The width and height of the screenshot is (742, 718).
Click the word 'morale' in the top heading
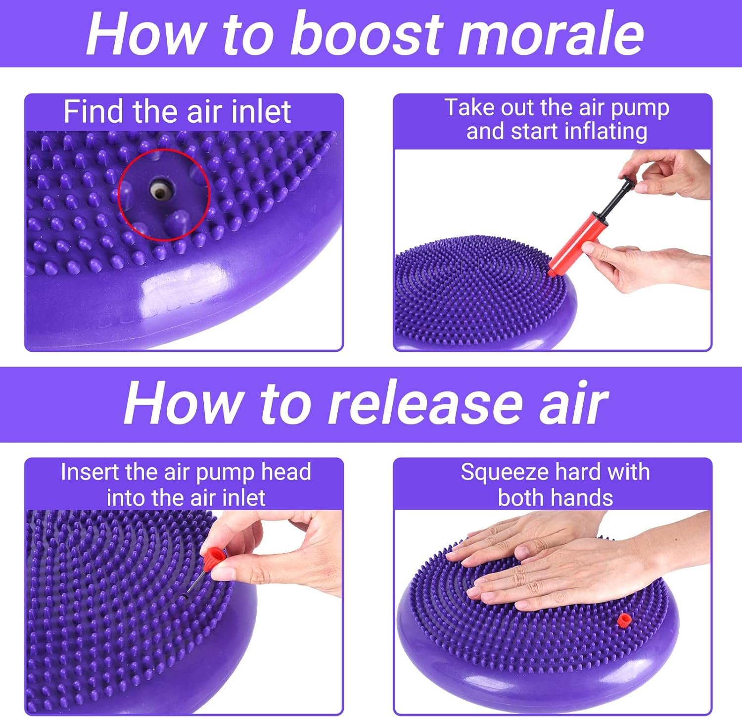(x=551, y=34)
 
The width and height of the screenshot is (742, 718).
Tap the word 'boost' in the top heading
(x=367, y=34)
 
